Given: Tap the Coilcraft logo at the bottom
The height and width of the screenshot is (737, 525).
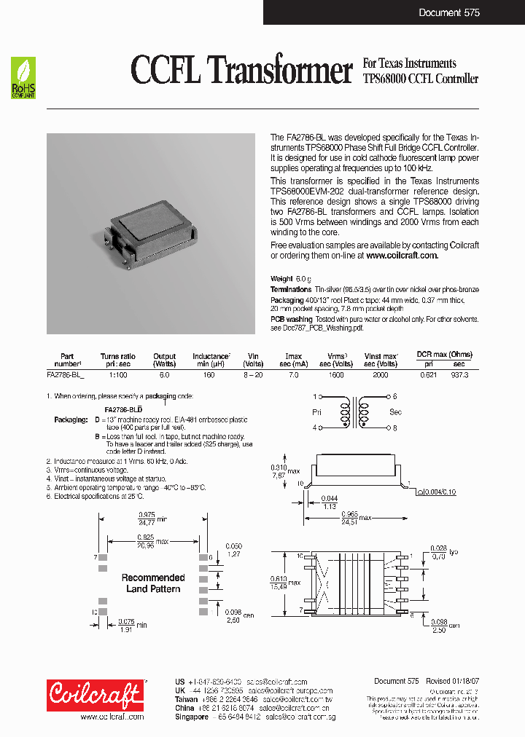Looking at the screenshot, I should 96,695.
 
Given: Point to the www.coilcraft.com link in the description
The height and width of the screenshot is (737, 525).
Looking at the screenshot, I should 402,256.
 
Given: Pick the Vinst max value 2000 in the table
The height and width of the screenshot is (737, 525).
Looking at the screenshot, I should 380,374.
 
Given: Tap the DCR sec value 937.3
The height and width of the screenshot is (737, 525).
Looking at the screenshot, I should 459,374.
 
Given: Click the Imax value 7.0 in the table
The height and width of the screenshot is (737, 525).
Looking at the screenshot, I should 293,374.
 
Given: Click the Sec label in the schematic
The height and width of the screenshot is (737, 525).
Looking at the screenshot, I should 395,411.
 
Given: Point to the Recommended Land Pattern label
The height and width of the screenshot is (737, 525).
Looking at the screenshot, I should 153,583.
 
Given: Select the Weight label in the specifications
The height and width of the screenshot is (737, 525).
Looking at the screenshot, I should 281,279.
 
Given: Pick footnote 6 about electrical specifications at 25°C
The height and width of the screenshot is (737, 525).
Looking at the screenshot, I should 95,496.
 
